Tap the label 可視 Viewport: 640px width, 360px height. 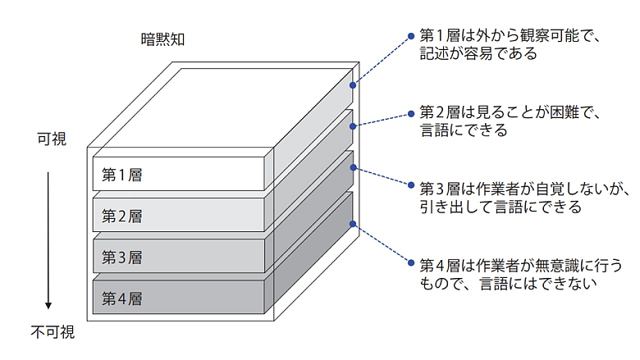52,140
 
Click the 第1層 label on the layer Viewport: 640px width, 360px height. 122,175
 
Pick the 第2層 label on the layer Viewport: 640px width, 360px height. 122,216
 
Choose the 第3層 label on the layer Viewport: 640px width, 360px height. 122,257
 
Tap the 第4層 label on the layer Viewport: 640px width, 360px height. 122,298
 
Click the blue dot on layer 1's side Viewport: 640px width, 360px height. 354,84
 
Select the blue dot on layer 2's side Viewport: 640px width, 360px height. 354,125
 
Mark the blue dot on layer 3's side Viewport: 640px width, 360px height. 354,166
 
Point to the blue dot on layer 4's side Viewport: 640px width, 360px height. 354,223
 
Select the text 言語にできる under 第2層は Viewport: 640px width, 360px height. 464,130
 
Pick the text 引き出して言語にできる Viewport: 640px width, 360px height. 500,207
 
